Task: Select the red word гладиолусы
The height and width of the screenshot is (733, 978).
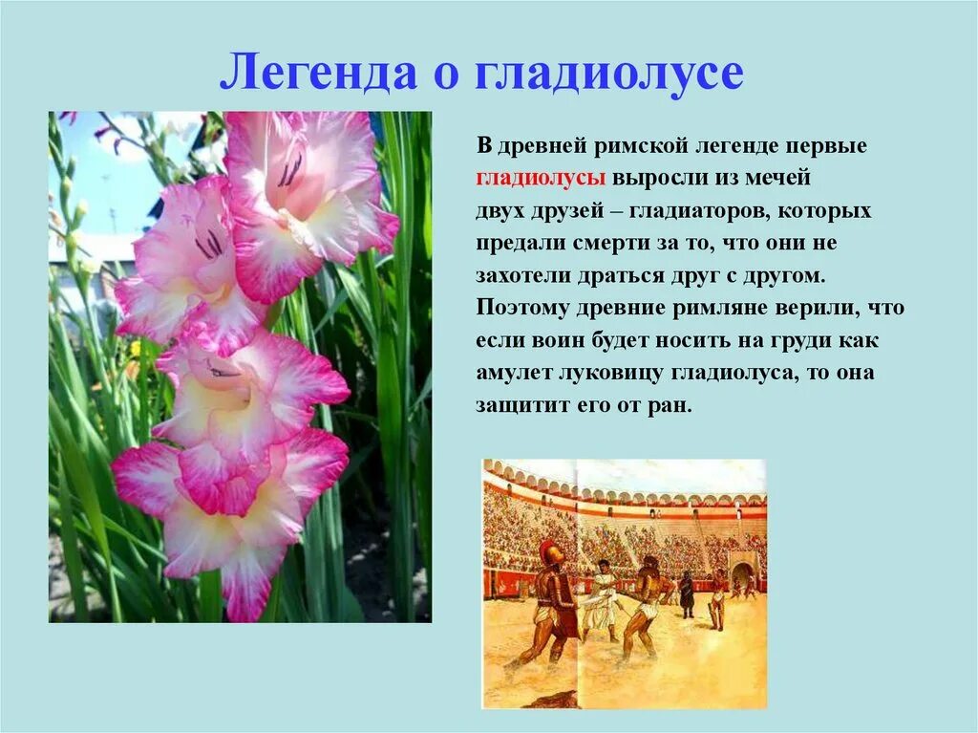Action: [x=541, y=179]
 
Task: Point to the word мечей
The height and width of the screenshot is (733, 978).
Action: [x=776, y=179]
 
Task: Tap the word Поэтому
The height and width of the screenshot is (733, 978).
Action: [x=521, y=308]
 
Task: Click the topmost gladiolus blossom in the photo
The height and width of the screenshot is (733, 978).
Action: [x=306, y=182]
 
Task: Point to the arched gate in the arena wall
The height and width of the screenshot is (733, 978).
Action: [x=741, y=575]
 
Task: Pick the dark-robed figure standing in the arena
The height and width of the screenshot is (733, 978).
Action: [x=686, y=593]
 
